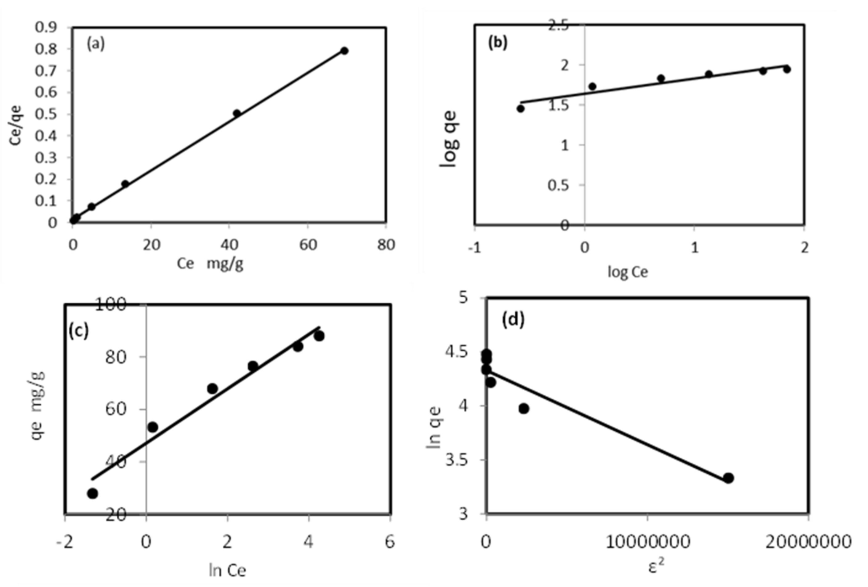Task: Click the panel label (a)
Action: tap(96, 44)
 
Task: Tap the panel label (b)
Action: tap(497, 43)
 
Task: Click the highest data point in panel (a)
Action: tap(344, 51)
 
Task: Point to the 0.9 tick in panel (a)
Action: tap(46, 27)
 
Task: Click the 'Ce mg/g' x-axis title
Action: tap(210, 264)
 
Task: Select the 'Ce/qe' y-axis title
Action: tap(16, 125)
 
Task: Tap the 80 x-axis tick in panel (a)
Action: tap(386, 245)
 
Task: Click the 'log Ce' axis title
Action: tap(628, 272)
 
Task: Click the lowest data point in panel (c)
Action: tap(93, 493)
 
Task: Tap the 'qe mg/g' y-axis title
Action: tap(37, 405)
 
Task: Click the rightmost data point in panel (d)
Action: tap(728, 478)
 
